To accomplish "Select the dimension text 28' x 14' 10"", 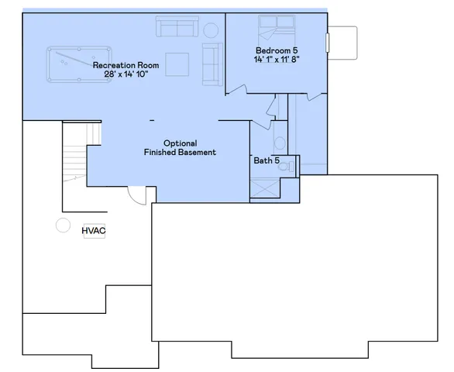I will tap(126, 75).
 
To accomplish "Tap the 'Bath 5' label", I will tap(267, 161).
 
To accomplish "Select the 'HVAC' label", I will tap(93, 230).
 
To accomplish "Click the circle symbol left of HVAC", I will tap(61, 226).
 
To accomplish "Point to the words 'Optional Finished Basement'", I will tap(180, 148).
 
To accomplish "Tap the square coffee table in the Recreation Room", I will tap(177, 62).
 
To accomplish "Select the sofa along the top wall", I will tap(177, 29).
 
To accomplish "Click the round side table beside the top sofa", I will tap(211, 30).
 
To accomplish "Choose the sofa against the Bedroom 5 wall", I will tap(212, 64).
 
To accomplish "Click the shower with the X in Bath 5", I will tap(264, 188).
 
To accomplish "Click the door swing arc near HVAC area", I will tap(136, 195).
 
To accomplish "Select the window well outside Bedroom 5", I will tap(342, 40).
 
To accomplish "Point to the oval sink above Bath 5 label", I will tap(277, 143).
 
